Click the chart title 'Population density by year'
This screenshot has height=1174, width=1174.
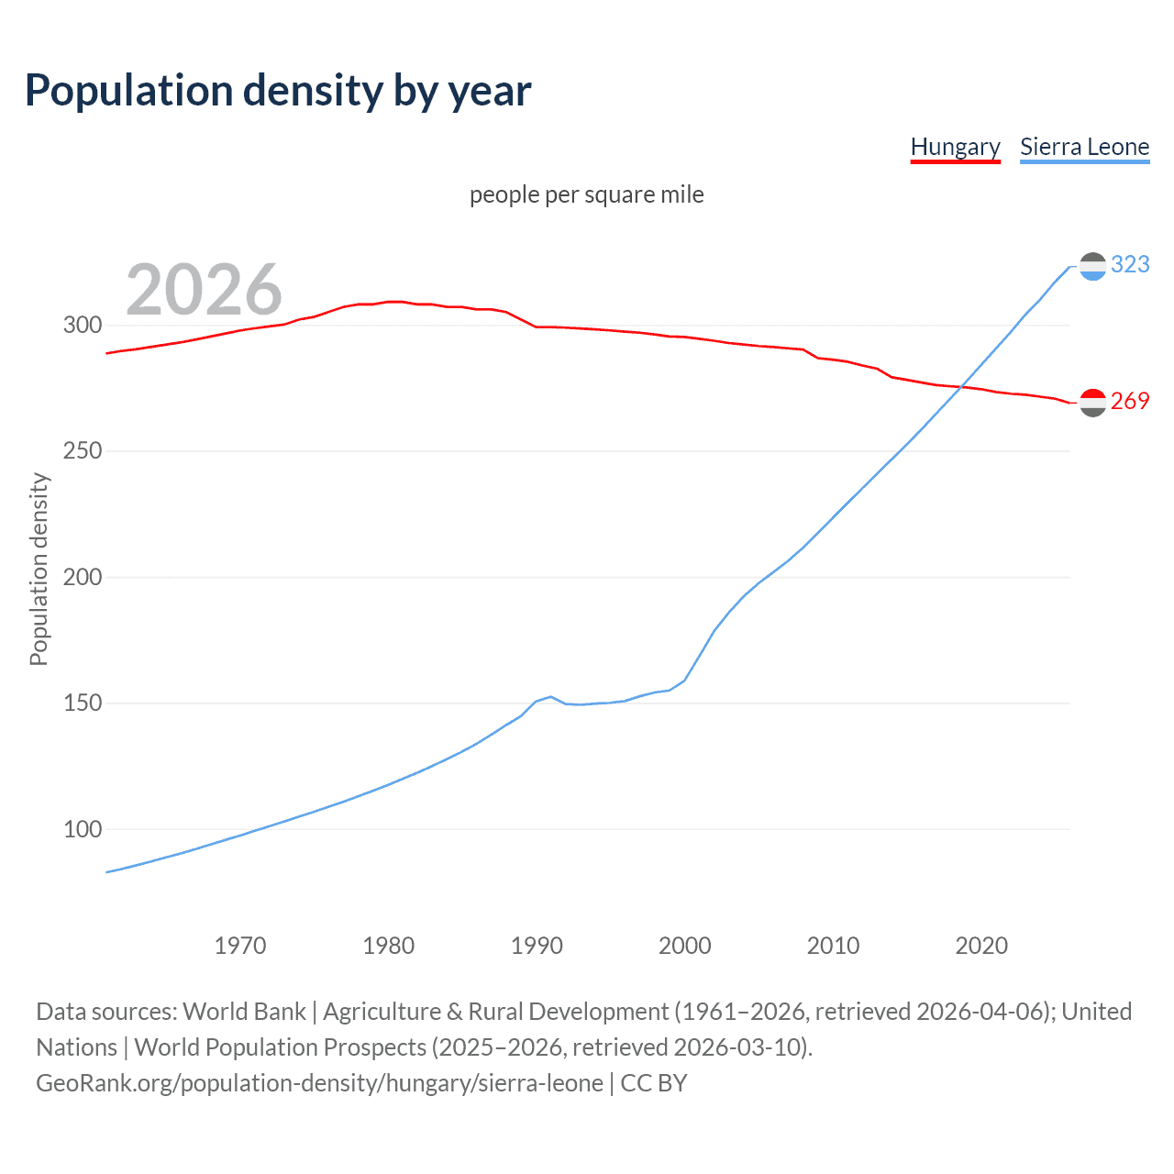(x=278, y=91)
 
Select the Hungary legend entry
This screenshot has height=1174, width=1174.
(x=955, y=147)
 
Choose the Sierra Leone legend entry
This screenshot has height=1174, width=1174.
(x=1084, y=147)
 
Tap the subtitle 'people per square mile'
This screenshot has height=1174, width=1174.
(x=586, y=194)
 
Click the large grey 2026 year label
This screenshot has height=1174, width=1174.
(x=204, y=290)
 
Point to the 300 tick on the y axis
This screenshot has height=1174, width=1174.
(x=83, y=325)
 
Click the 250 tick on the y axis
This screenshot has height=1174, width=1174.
(x=83, y=451)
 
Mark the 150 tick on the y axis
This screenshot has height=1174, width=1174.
(x=83, y=703)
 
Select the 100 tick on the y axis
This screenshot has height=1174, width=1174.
(x=83, y=829)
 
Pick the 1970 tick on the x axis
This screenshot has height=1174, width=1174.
(x=240, y=946)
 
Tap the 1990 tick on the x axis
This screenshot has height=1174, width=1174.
(x=537, y=946)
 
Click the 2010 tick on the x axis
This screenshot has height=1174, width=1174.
(x=833, y=946)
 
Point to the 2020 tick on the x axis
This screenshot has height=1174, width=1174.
(x=981, y=946)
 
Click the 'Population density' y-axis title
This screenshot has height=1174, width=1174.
(x=39, y=569)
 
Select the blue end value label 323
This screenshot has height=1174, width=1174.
(x=1130, y=264)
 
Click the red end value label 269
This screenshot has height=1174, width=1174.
(x=1130, y=401)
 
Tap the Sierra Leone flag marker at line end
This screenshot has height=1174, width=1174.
(x=1092, y=266)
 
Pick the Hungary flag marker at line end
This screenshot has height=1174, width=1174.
(x=1092, y=403)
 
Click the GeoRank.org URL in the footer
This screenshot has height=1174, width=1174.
(x=319, y=1083)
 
